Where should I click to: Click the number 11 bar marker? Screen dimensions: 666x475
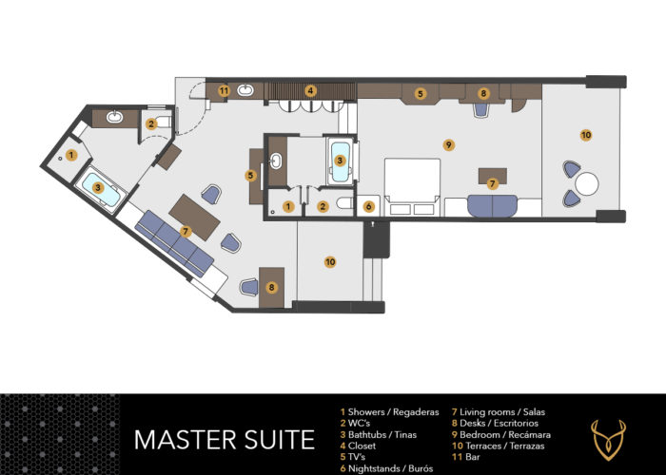[224, 91]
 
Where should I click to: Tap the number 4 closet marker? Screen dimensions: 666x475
[310, 91]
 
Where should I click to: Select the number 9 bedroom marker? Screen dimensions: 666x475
[448, 145]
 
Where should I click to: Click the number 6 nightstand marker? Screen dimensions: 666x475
[369, 206]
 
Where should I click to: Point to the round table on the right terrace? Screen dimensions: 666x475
[587, 184]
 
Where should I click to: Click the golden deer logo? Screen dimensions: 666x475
[609, 440]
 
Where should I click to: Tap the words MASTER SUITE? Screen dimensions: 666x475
[225, 440]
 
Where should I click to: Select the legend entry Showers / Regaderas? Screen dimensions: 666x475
[389, 411]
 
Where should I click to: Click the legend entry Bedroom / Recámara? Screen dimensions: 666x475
[501, 435]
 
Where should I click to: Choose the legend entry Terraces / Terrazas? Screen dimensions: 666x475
[499, 446]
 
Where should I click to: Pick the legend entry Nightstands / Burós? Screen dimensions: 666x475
[386, 468]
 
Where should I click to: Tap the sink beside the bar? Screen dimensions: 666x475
[245, 90]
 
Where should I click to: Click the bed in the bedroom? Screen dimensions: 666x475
[412, 187]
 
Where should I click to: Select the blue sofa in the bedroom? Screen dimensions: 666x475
[492, 206]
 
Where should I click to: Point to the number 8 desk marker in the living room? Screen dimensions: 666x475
[272, 288]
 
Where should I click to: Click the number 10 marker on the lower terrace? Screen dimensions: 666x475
[330, 261]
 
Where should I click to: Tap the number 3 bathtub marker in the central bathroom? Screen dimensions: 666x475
[340, 161]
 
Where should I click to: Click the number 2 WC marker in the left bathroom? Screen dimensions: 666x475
[150, 123]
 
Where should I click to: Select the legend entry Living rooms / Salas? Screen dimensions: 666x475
[499, 411]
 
